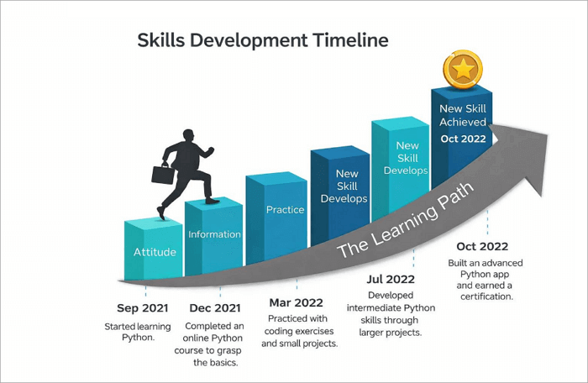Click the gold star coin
pos(462,71)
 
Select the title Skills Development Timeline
pos(263,39)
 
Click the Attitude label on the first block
pos(155,252)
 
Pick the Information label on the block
pos(214,234)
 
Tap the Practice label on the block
pos(285,209)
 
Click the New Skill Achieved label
pos(463,116)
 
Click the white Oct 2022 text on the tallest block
pos(463,139)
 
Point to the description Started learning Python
pos(138,332)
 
